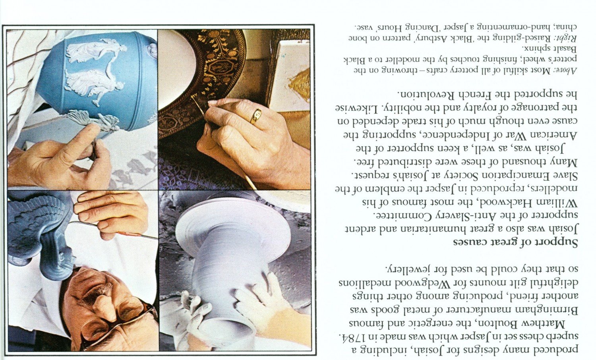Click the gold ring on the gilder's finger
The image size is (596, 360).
[x=256, y=116]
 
